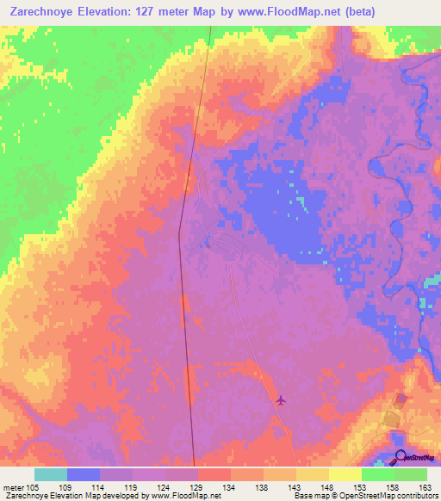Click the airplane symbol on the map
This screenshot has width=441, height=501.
281,400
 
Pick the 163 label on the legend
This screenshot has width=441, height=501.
425,486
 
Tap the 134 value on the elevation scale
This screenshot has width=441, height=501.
228,486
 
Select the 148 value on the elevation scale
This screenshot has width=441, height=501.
326,486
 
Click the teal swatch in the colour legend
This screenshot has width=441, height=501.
51,474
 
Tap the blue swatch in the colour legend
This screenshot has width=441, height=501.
84,474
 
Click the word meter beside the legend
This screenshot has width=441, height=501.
12,486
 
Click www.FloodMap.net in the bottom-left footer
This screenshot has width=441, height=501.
185,496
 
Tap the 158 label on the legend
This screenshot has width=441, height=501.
392,486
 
